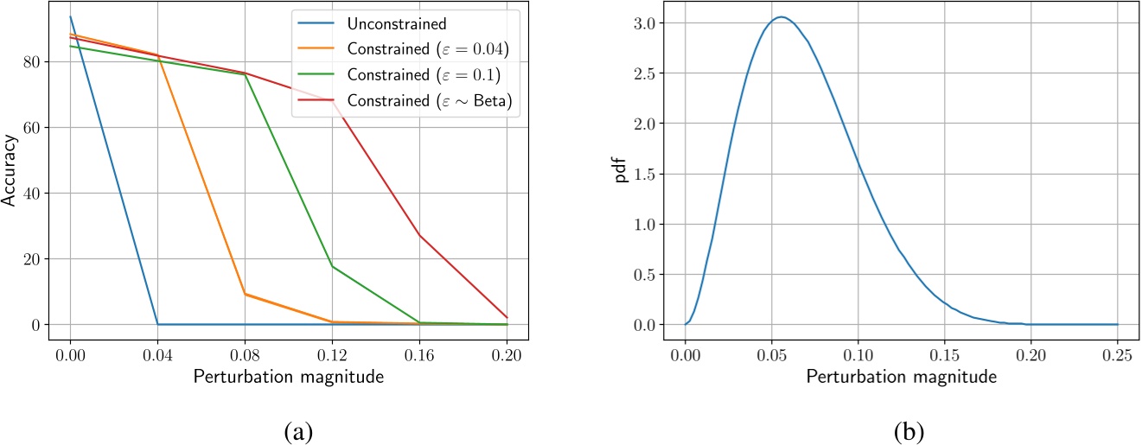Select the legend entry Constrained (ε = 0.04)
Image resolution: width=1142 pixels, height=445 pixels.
426,50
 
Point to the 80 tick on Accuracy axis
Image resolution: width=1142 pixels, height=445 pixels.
45,62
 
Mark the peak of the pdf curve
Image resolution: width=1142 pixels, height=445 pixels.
781,16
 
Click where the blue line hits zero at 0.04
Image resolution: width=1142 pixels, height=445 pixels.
157,324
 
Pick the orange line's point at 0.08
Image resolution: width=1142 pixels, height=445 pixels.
245,294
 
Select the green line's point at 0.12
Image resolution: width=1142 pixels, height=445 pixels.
332,266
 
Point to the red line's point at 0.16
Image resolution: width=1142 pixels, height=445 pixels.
419,235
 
